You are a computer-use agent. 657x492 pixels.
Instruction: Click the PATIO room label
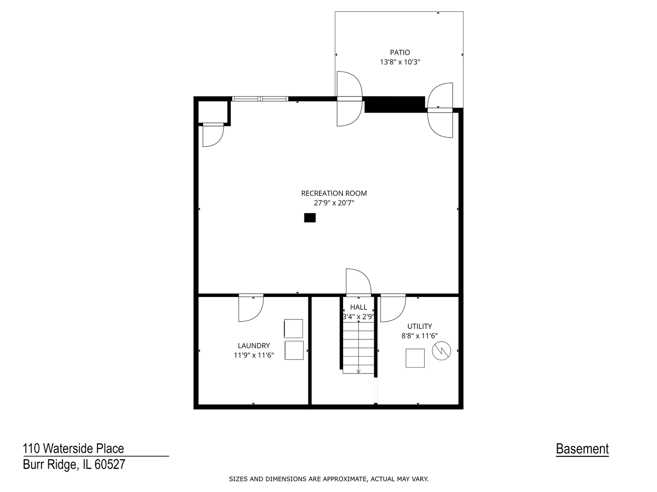click(x=400, y=52)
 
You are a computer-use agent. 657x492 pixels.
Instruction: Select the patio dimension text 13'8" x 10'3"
click(x=400, y=62)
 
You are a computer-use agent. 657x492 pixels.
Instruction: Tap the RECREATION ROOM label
click(x=334, y=193)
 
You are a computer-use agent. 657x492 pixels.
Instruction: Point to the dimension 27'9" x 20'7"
click(x=334, y=203)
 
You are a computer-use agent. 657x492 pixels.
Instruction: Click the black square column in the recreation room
click(x=310, y=218)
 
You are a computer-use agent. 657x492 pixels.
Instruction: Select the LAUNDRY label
click(x=254, y=346)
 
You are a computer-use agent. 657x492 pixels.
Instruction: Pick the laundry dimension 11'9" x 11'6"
click(x=254, y=355)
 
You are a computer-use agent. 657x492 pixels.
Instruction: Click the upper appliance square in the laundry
click(x=293, y=328)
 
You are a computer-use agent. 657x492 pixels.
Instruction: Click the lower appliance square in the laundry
click(x=294, y=350)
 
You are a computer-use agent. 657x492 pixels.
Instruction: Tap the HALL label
click(x=358, y=307)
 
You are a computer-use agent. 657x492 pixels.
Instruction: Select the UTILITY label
click(x=419, y=326)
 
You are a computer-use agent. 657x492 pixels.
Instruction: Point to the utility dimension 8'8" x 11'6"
click(x=419, y=336)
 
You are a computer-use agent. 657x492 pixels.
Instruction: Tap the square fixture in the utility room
click(x=415, y=358)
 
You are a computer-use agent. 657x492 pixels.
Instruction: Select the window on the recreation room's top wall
click(x=260, y=98)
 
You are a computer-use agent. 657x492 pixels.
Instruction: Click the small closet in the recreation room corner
click(x=213, y=112)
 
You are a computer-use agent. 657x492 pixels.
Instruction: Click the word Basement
click(x=582, y=449)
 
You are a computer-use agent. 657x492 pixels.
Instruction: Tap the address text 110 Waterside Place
click(x=73, y=449)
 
